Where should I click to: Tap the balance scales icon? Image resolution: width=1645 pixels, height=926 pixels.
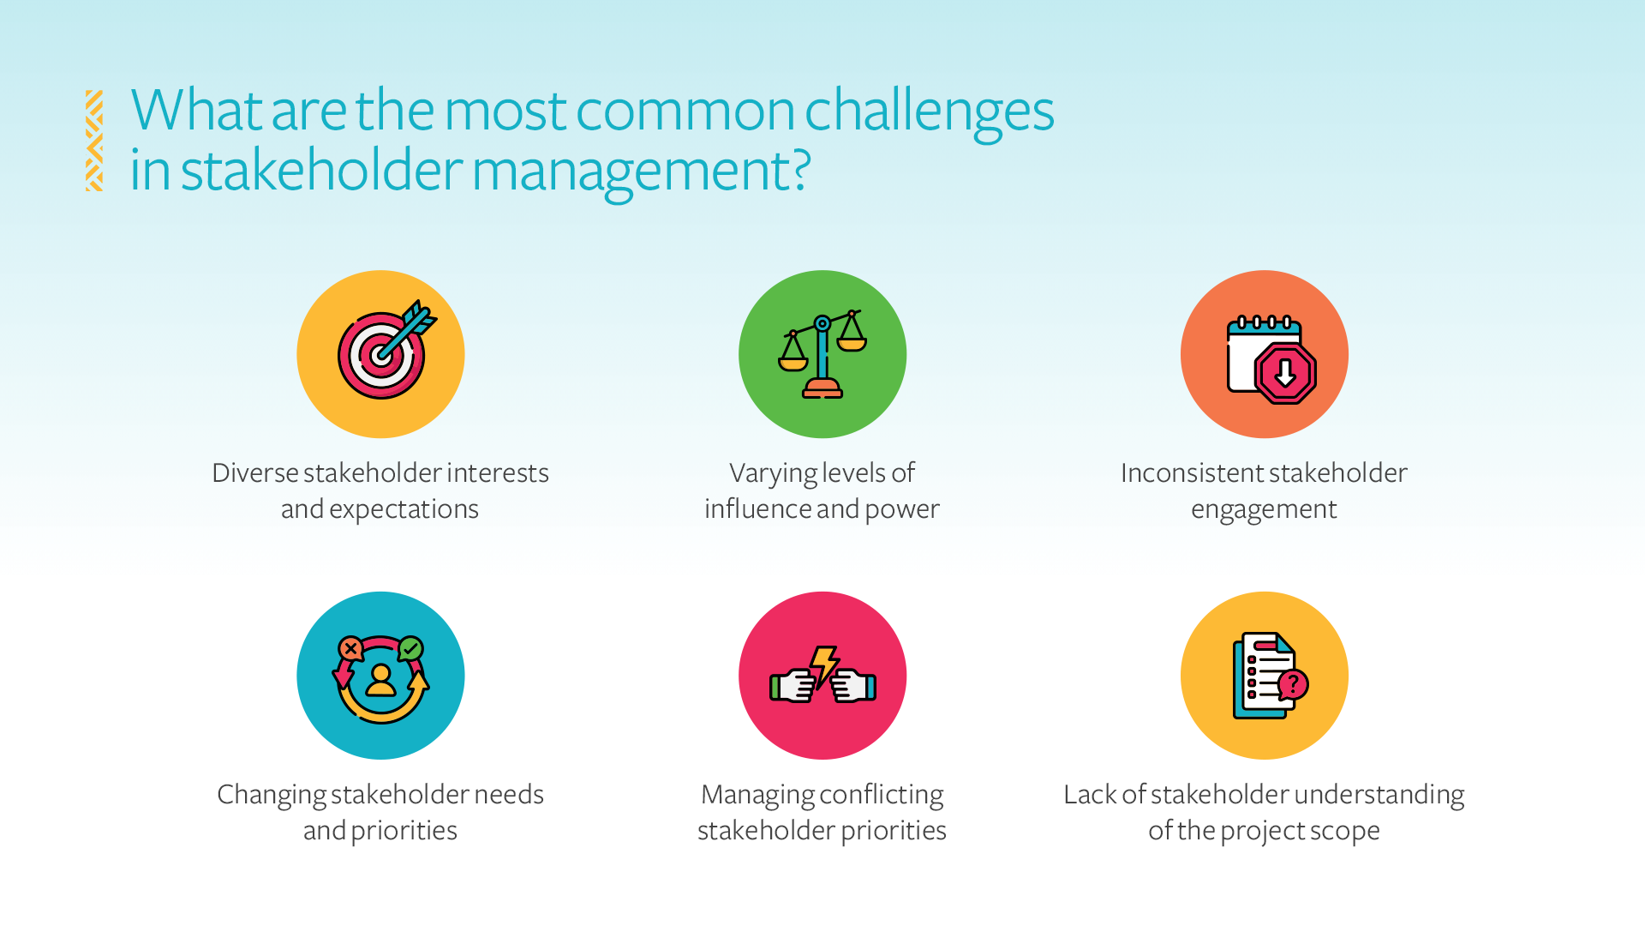[822, 354]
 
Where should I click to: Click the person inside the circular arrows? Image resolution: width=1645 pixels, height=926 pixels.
[380, 679]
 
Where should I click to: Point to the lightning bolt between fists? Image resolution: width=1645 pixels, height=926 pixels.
[823, 664]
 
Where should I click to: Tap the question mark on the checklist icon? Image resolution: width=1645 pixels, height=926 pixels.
[1293, 684]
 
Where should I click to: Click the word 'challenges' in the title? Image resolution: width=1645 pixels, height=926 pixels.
[929, 111]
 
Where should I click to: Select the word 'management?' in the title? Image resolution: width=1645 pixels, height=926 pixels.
[641, 171]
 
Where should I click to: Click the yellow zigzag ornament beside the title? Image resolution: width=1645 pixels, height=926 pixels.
[94, 141]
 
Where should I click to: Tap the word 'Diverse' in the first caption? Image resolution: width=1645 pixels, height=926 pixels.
[254, 473]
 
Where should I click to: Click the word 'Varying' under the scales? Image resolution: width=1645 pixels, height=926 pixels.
[773, 473]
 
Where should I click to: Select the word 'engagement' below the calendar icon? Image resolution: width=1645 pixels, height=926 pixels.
[1264, 509]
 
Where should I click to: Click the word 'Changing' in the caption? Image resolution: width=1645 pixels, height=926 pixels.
[271, 795]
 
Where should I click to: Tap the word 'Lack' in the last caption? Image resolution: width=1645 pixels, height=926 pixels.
[1090, 795]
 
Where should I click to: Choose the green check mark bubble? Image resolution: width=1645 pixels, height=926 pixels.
[411, 648]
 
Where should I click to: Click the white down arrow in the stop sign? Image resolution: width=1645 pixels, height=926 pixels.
[1285, 372]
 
